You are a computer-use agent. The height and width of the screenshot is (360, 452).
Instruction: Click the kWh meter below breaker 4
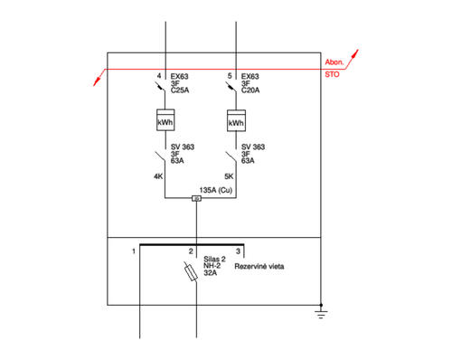[165, 120]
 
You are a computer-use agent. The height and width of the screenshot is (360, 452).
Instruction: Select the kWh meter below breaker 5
[236, 120]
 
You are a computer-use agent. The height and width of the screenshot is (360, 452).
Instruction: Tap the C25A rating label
[180, 90]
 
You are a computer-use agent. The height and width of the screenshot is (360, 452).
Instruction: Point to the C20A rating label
[250, 90]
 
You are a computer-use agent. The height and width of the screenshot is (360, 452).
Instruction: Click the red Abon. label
[334, 62]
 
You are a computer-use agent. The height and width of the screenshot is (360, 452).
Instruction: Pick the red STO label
[332, 74]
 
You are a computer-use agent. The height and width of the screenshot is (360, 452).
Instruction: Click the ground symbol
[321, 312]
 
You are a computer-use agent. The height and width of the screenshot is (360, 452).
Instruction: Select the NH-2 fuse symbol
[191, 271]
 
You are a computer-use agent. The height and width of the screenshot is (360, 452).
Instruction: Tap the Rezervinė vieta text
[259, 267]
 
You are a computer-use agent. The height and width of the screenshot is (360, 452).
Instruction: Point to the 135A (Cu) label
[216, 190]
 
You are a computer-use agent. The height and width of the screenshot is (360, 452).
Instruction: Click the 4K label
[158, 176]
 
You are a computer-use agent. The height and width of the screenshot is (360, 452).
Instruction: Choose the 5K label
[229, 176]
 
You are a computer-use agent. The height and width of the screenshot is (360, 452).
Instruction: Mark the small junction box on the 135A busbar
[196, 198]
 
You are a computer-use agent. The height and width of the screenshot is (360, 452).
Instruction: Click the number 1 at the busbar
[134, 251]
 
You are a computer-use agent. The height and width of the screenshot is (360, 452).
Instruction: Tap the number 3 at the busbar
[238, 251]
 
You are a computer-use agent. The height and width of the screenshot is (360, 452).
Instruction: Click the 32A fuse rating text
[210, 273]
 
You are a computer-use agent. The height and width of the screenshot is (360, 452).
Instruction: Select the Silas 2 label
[214, 259]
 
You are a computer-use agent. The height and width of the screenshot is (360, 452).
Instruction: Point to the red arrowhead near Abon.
[355, 53]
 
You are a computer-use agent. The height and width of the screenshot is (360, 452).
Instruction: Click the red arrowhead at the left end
[97, 81]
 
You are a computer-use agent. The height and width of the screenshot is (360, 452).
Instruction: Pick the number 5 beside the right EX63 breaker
[230, 76]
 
